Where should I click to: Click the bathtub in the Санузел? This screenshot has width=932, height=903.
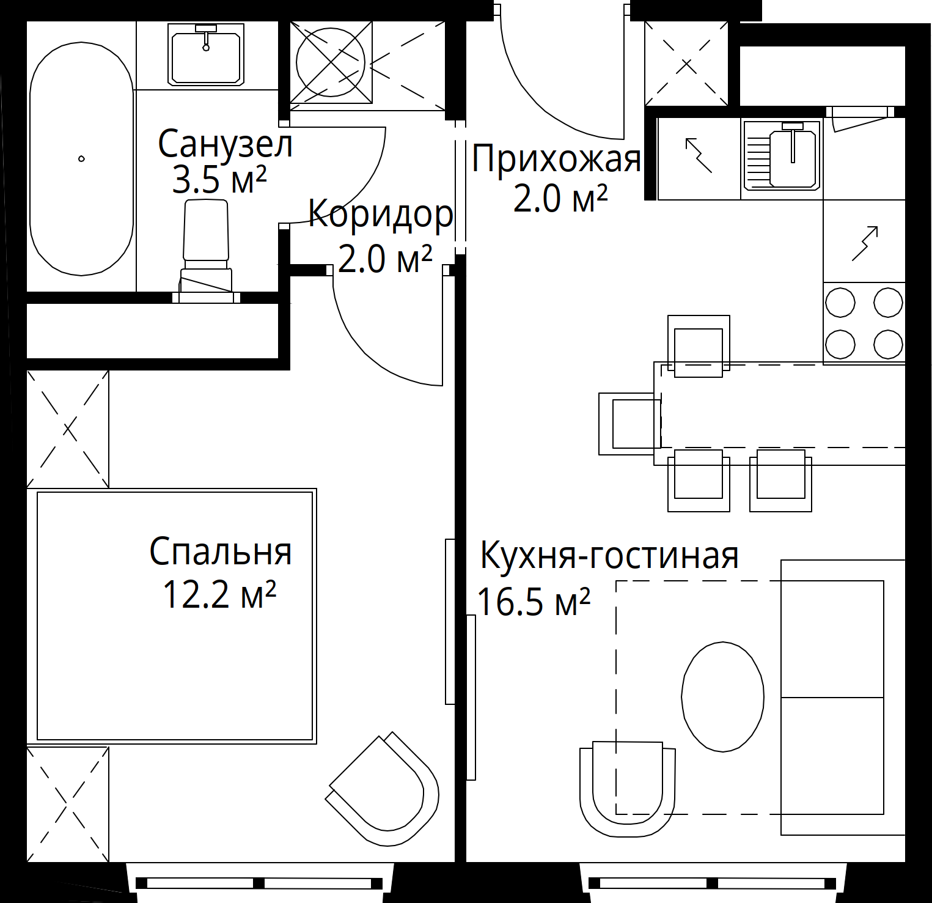point(81,160)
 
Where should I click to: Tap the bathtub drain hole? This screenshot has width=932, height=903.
point(81,159)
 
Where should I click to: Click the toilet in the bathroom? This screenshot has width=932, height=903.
point(206,251)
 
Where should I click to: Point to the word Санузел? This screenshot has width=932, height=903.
point(226,144)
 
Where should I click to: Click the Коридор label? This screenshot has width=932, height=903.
point(381,215)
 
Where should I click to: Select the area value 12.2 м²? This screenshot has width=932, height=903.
point(219,594)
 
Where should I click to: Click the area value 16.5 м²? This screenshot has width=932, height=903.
point(533,601)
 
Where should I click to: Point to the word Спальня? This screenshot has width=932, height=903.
point(221,551)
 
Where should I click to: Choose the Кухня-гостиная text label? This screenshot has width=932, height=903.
point(609,555)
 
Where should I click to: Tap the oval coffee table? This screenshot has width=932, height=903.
point(722,696)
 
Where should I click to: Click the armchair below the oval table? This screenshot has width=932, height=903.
point(628,789)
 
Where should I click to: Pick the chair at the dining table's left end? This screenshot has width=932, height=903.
point(630,424)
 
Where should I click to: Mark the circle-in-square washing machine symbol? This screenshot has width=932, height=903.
point(331,62)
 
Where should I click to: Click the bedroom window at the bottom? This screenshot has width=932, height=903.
point(259,883)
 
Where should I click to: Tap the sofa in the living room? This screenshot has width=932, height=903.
point(843,697)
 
